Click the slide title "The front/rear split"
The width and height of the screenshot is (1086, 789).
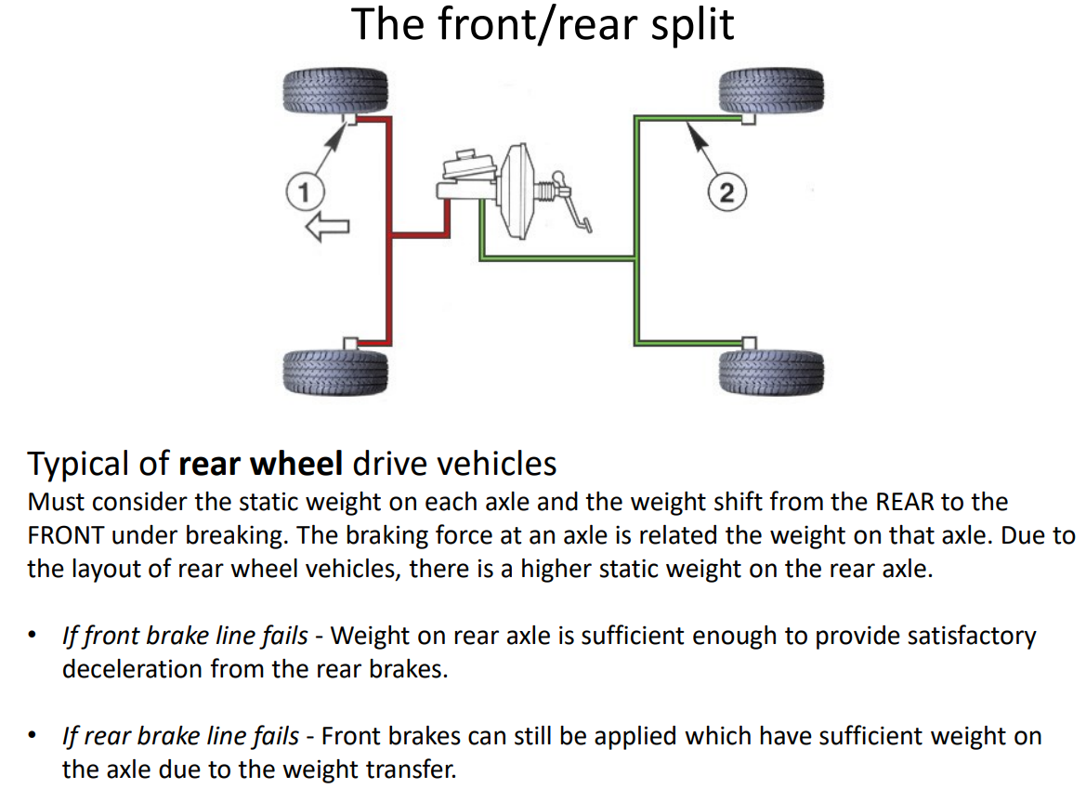point(543,25)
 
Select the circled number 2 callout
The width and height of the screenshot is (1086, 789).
point(726,192)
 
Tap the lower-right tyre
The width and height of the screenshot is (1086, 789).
point(772,370)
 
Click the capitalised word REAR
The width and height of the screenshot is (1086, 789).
point(900,503)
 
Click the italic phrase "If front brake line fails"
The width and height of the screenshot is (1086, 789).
point(185,636)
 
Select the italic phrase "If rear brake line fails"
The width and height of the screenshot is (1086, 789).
point(180,737)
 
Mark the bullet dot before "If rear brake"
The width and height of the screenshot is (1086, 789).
point(34,737)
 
